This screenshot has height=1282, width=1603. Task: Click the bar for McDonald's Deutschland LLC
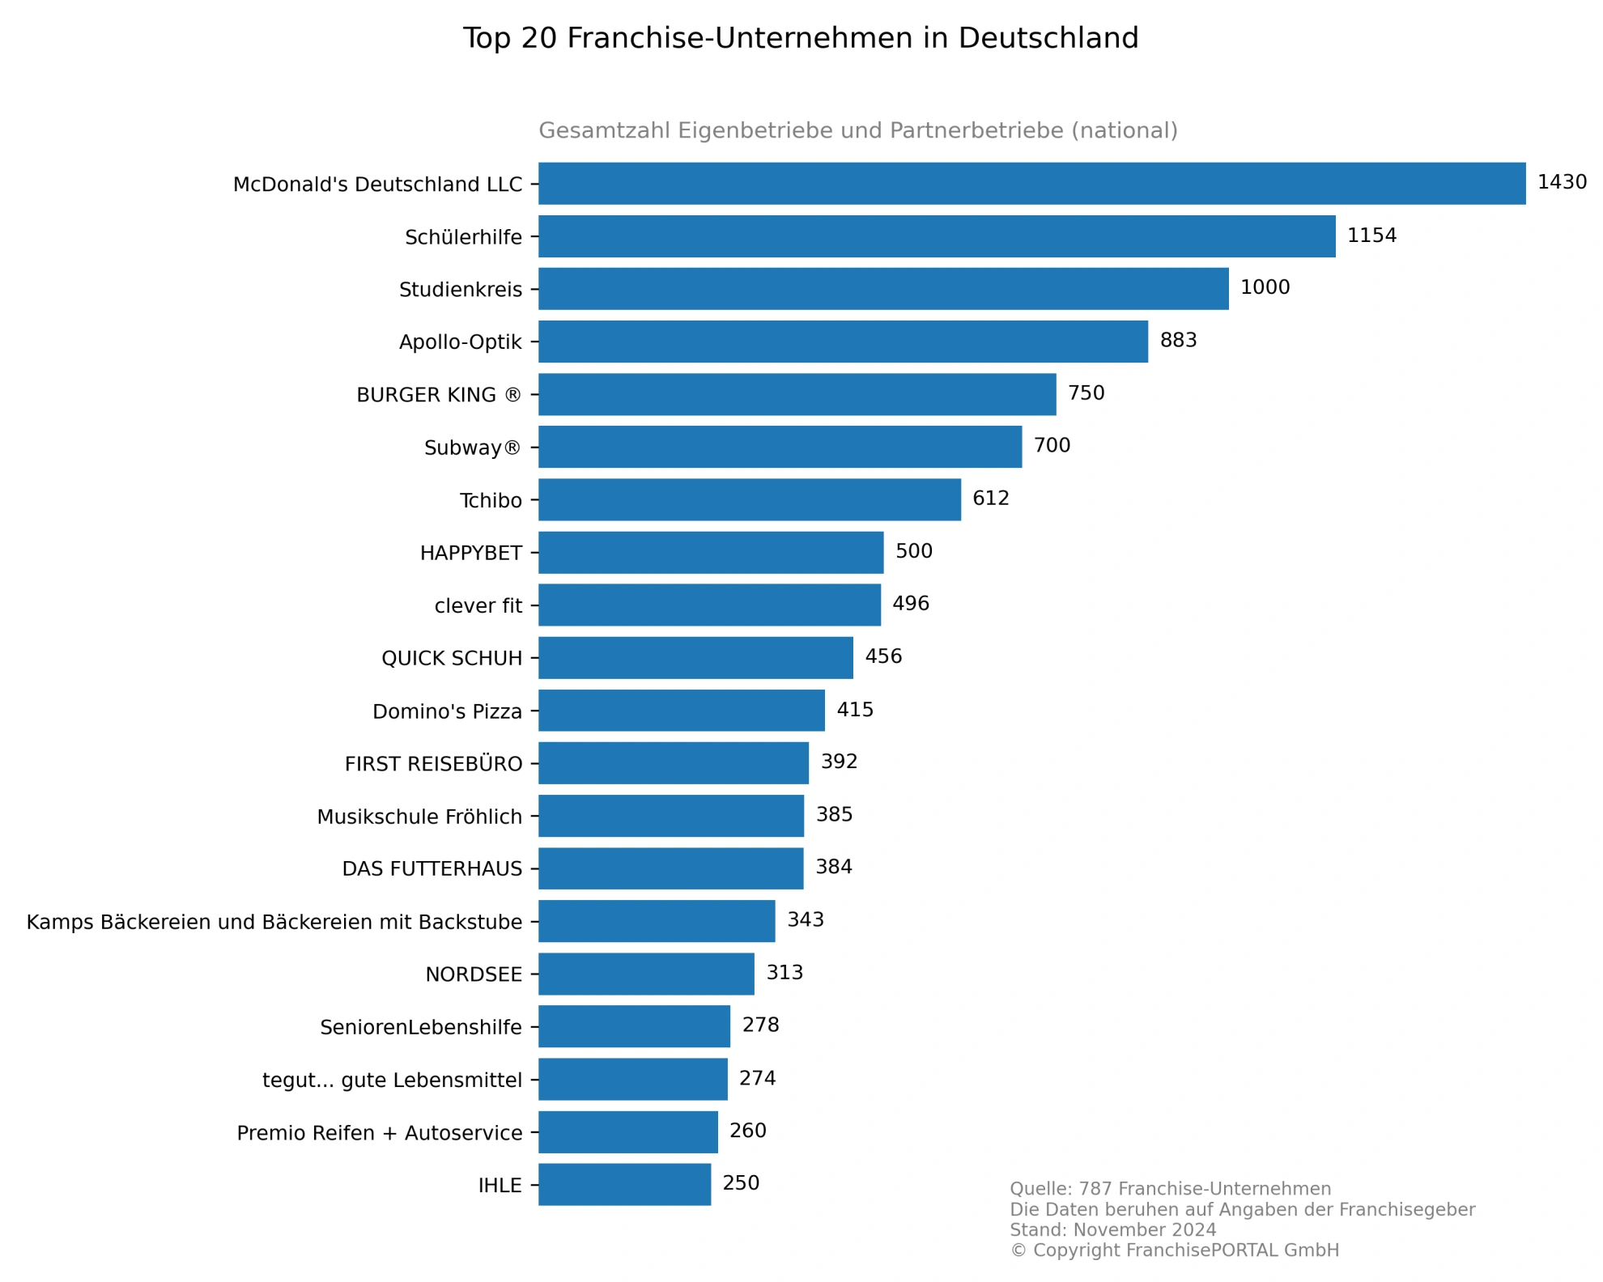coord(1031,184)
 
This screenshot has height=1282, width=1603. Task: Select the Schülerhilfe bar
coord(937,236)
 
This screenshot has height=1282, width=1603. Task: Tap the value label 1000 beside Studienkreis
coord(1265,287)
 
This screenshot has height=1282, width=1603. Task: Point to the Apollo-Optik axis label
coord(460,342)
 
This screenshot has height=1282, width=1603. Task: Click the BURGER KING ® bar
coord(797,394)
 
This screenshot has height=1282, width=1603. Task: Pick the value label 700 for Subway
coord(1052,445)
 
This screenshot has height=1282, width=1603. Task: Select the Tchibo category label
coord(491,501)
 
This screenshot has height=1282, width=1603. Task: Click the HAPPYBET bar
coord(711,553)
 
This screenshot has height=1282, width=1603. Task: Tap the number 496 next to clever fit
coord(910,604)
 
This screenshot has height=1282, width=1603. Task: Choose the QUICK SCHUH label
coord(452,659)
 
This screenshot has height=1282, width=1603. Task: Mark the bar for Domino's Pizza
coord(681,711)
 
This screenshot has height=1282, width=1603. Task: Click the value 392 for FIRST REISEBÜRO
coord(839,762)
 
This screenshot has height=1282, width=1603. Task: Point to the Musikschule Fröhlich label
coord(419,817)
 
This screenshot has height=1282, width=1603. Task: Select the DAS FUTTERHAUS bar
coord(670,868)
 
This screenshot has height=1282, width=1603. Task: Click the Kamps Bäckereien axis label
coord(274,922)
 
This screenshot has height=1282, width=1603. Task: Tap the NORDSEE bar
coord(646,974)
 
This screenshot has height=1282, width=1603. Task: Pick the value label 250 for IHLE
coord(741,1183)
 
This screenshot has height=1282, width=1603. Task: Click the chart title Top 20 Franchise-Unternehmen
coord(801,38)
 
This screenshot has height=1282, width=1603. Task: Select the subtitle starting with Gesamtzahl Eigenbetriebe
coord(857,130)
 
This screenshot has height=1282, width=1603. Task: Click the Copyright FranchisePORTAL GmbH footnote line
coord(1174,1250)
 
